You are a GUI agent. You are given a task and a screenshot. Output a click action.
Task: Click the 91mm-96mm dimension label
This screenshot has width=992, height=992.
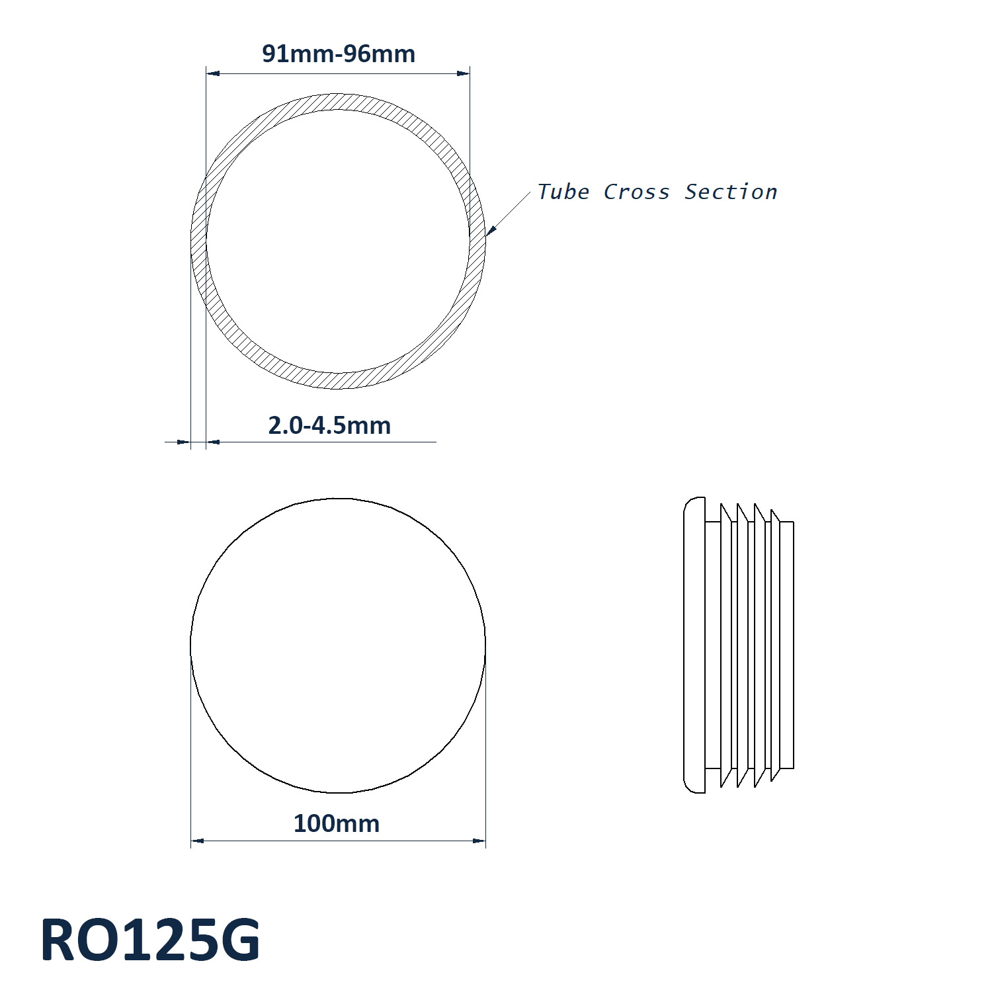[x=339, y=54]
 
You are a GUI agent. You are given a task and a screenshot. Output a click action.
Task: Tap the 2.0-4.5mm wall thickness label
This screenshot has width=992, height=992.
[x=329, y=425]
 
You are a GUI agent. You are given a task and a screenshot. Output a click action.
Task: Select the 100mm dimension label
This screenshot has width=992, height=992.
[x=337, y=823]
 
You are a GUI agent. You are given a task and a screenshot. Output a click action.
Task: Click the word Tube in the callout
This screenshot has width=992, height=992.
[x=563, y=192]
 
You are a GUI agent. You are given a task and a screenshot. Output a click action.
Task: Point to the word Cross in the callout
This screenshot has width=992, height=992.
[x=636, y=192]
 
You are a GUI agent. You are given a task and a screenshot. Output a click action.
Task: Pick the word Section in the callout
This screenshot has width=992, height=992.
[x=731, y=192]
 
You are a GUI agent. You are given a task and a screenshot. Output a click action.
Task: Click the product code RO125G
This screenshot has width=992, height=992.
[x=150, y=940]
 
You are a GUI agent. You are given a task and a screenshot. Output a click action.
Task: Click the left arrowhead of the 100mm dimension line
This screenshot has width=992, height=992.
[x=197, y=841]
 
